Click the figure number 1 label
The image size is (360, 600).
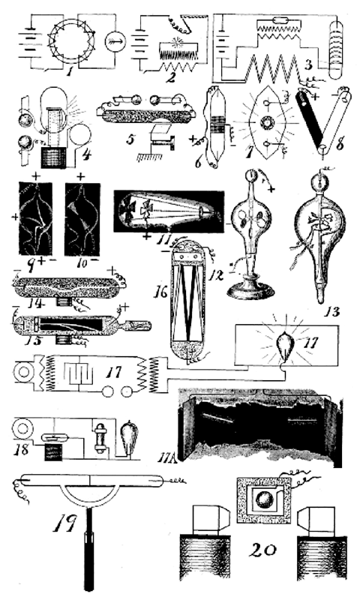(70, 70)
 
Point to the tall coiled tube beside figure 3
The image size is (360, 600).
(336, 49)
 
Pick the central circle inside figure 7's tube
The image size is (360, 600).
(265, 123)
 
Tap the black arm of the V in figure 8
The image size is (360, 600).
(311, 118)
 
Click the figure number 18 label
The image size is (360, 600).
(22, 448)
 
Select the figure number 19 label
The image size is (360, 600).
(64, 523)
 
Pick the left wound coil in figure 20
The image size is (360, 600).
(205, 555)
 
